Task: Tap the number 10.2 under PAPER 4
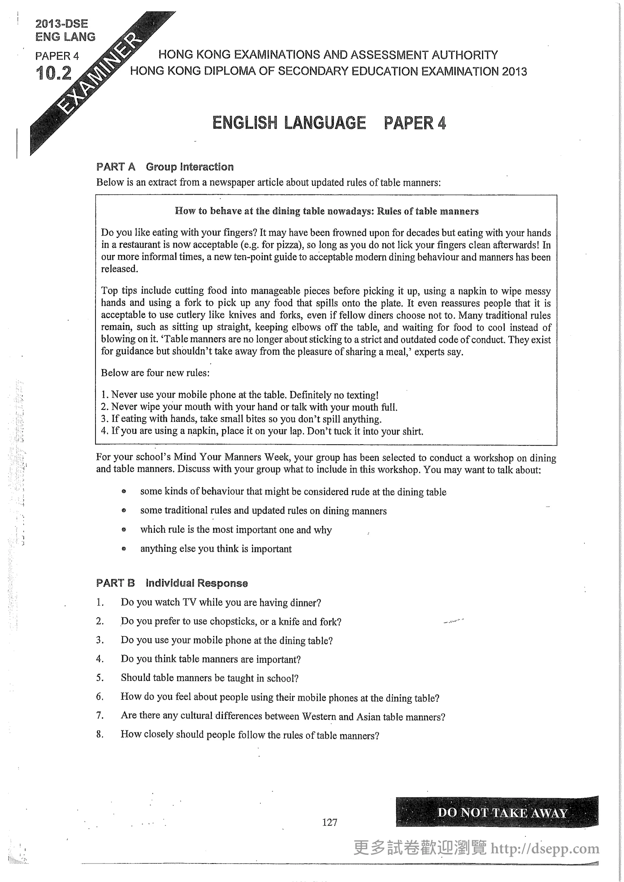pyautogui.click(x=54, y=73)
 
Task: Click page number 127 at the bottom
pyautogui.click(x=330, y=822)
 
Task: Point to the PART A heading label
pyautogui.click(x=116, y=167)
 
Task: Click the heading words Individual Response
pyautogui.click(x=197, y=583)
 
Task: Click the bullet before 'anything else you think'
pyautogui.click(x=124, y=549)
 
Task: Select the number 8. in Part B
pyautogui.click(x=100, y=734)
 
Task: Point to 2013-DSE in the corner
pyautogui.click(x=61, y=24)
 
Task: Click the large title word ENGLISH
pyautogui.click(x=245, y=123)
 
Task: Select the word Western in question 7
pyautogui.click(x=319, y=716)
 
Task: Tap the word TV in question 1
pyautogui.click(x=189, y=602)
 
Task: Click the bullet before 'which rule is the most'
pyautogui.click(x=124, y=530)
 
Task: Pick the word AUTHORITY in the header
pyautogui.click(x=464, y=55)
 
